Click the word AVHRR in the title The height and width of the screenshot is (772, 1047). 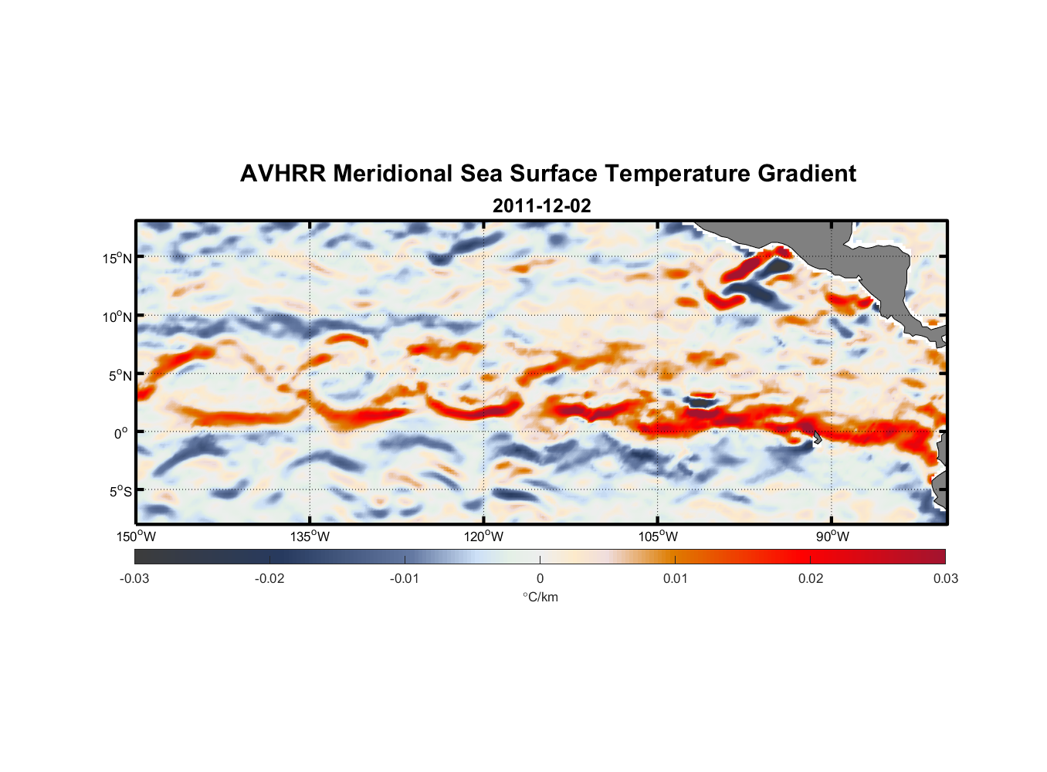[x=283, y=174]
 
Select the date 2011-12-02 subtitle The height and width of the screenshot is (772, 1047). [x=541, y=206]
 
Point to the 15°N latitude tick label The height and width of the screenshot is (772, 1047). [x=117, y=258]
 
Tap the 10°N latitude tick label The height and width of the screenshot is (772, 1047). [x=117, y=317]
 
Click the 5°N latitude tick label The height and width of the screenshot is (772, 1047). [x=120, y=375]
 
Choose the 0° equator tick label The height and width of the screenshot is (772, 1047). [x=121, y=433]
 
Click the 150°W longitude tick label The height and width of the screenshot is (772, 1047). [x=136, y=537]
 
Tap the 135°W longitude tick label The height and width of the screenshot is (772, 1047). [x=310, y=537]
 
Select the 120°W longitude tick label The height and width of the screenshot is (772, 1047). [x=484, y=537]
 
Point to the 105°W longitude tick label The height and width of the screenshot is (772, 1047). [x=658, y=537]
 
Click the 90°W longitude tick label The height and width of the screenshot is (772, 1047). [x=832, y=537]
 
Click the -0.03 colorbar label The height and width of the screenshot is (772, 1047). [x=134, y=578]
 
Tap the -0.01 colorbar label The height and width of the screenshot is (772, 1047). [x=405, y=578]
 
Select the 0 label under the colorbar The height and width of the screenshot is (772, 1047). [x=540, y=578]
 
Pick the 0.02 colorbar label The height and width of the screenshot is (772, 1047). [x=811, y=578]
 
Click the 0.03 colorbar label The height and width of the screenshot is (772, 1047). [x=945, y=578]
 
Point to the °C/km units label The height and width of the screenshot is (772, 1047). [x=540, y=597]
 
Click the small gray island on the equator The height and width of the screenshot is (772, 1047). [x=817, y=438]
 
